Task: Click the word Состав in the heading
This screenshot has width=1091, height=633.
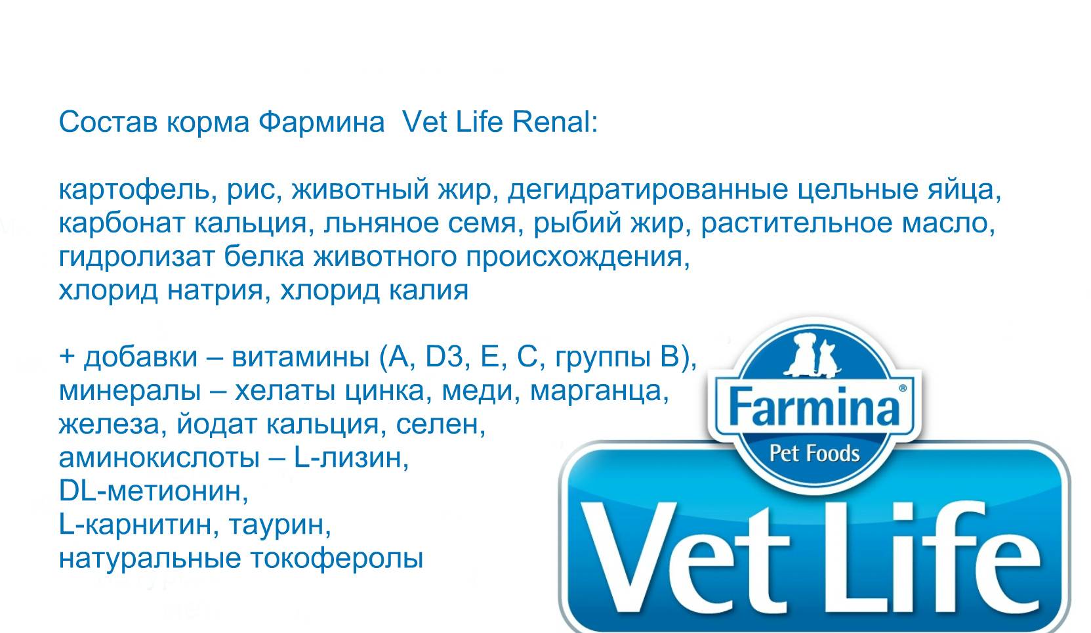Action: point(108,122)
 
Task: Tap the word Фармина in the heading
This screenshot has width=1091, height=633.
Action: point(321,122)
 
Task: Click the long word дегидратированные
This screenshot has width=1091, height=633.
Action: point(648,190)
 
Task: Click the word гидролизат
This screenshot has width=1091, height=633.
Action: point(136,257)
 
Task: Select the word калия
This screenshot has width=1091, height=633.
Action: point(428,291)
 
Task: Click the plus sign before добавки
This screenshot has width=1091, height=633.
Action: point(67,356)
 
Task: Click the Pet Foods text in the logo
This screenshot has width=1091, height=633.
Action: point(814,454)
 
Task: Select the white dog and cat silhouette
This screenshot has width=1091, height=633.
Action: point(812,355)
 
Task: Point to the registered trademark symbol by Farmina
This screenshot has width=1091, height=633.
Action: point(903,389)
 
